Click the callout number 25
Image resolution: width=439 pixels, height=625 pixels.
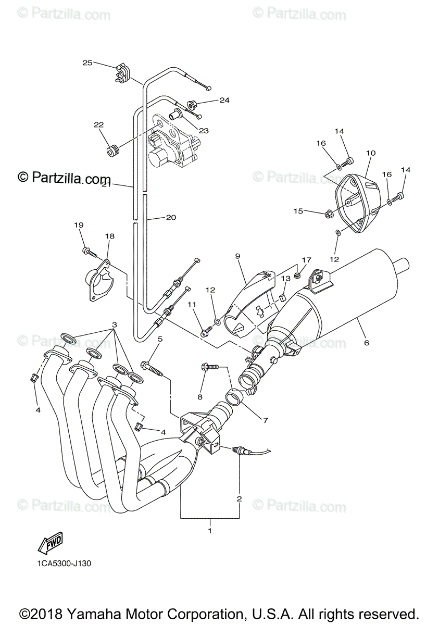coord(87,63)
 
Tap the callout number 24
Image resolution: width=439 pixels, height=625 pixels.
coord(209,100)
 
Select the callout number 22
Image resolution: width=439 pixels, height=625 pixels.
coord(98,125)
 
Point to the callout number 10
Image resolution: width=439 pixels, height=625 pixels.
coord(371,153)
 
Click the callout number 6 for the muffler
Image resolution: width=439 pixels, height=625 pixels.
coord(367,343)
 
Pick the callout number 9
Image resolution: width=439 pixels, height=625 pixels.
coord(237,256)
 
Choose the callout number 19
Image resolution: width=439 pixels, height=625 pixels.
coord(79,225)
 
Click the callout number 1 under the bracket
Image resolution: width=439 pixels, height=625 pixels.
coord(210,531)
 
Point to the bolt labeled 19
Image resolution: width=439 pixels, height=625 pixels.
coord(90,253)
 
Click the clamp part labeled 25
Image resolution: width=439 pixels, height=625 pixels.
coord(120,74)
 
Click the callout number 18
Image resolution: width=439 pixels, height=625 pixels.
coord(109,236)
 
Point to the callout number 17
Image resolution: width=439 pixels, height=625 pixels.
coord(306,259)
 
